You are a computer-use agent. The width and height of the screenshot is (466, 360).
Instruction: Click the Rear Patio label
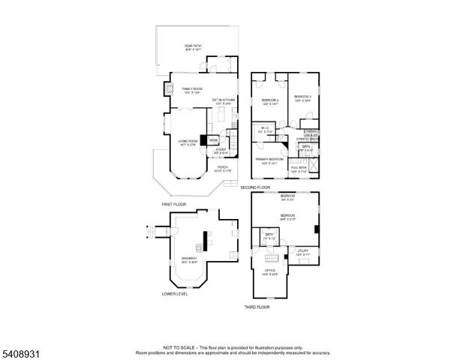(194, 47)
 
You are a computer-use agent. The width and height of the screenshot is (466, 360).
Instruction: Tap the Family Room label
(193, 90)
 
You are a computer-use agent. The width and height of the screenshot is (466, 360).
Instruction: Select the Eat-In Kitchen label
(224, 100)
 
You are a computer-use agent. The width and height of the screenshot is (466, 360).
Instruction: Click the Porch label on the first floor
(223, 169)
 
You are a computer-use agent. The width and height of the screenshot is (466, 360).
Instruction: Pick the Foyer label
(221, 151)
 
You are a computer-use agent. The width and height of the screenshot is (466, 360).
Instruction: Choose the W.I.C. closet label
(265, 128)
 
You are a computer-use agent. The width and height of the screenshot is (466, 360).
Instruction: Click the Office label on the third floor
(269, 271)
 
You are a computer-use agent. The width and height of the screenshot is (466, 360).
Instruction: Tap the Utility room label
(302, 252)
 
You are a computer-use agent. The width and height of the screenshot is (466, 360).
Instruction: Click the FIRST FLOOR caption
(173, 204)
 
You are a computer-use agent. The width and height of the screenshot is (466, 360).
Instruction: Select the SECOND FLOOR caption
(256, 187)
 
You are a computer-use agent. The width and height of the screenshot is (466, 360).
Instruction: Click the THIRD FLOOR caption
(257, 307)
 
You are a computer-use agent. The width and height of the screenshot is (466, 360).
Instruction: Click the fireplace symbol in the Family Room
(167, 87)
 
